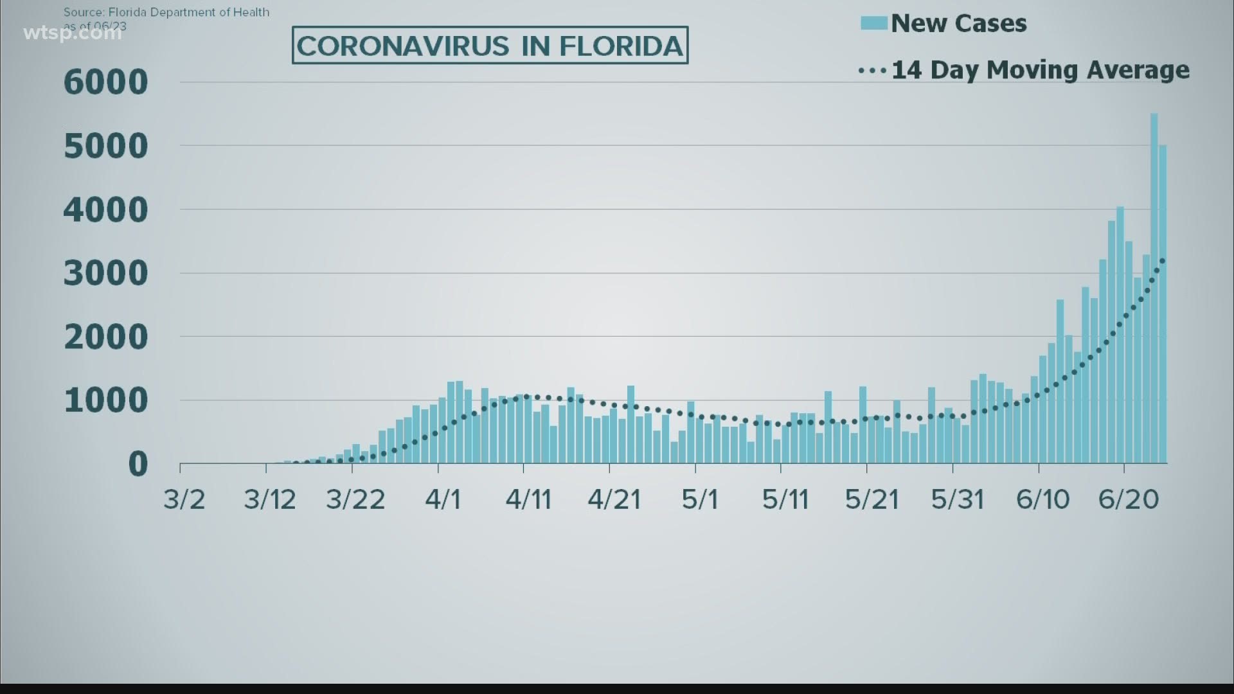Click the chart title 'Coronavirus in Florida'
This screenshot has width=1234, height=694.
click(x=490, y=46)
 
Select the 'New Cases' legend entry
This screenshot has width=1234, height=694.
click(x=958, y=24)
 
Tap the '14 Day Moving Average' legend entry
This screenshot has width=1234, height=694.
click(x=1039, y=70)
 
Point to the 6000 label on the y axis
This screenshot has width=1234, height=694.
click(x=106, y=82)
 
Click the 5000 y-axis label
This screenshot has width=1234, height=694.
click(x=106, y=147)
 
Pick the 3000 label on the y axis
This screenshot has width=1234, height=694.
click(x=106, y=274)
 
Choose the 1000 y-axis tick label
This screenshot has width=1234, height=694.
click(x=106, y=401)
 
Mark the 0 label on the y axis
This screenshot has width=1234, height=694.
click(x=138, y=464)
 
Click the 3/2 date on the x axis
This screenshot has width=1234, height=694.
click(x=184, y=499)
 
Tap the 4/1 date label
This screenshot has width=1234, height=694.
click(x=443, y=499)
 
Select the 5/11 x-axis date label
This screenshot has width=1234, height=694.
click(x=785, y=499)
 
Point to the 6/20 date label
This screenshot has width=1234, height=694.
click(x=1129, y=499)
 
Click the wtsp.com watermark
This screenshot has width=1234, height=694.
click(x=72, y=33)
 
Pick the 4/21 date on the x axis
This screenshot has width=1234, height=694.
click(x=614, y=499)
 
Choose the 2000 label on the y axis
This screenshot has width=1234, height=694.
click(x=106, y=337)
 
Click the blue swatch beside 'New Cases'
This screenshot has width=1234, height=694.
click(x=874, y=24)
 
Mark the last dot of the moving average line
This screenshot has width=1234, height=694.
click(x=1163, y=260)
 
